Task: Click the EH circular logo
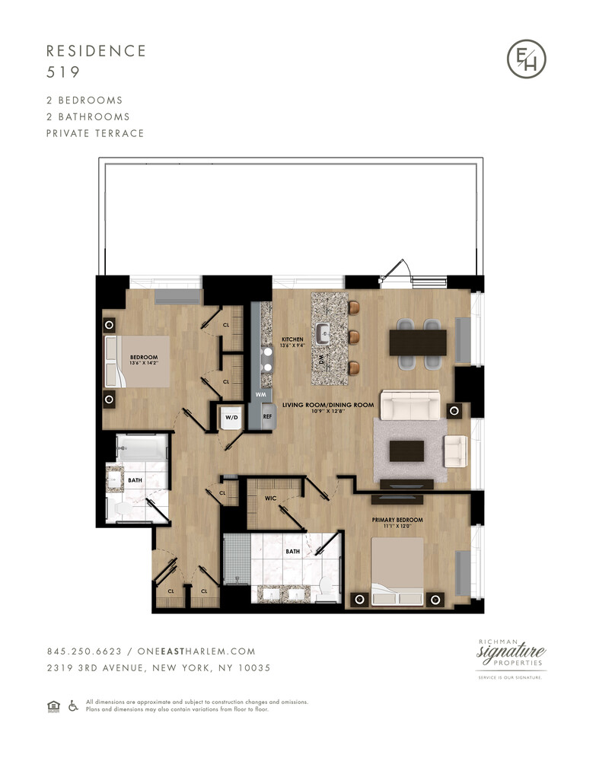[527, 59]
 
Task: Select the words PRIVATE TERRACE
[95, 133]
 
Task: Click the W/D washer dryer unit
[230, 418]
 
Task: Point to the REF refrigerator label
[267, 417]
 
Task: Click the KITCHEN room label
[292, 340]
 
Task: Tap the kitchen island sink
[324, 332]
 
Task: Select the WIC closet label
[270, 499]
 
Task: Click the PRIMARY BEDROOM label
[397, 520]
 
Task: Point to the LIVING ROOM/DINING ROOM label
[328, 405]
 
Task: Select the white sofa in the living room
[410, 405]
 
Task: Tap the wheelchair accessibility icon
[74, 706]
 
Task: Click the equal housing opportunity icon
[53, 706]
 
